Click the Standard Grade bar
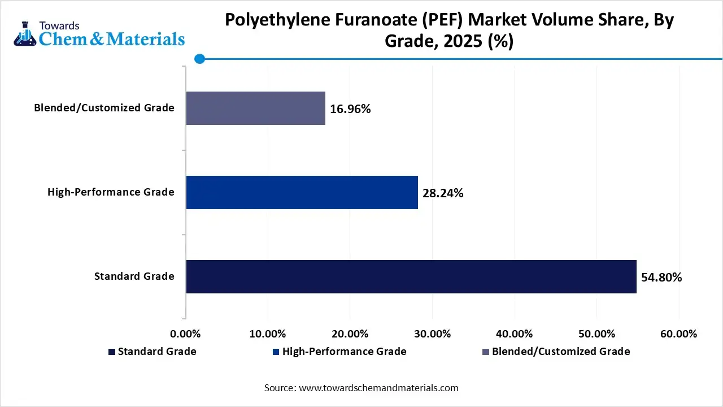(x=411, y=276)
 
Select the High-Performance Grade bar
(x=302, y=193)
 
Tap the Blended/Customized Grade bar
(x=255, y=108)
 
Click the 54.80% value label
(x=661, y=277)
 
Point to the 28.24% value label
(x=443, y=193)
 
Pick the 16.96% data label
(x=350, y=109)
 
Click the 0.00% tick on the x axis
(x=185, y=334)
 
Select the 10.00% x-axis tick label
(x=268, y=334)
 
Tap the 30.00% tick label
(x=432, y=334)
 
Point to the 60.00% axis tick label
(x=678, y=334)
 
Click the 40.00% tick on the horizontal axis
(x=515, y=334)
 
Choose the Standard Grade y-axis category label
(x=134, y=276)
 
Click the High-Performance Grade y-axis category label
(x=111, y=192)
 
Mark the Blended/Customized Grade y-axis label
(x=104, y=107)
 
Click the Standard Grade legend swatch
(x=111, y=352)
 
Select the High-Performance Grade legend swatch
(x=276, y=352)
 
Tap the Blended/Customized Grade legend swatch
(x=485, y=352)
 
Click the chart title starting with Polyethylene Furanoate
(x=450, y=31)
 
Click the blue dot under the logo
(x=199, y=58)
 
